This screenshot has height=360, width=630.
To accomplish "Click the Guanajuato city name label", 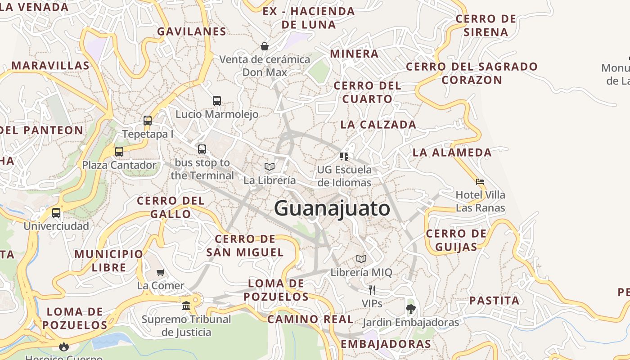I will coord(332,209).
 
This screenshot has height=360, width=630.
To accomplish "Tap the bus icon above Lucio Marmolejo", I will coord(217,101).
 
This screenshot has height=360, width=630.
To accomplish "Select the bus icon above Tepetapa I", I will coord(148,121).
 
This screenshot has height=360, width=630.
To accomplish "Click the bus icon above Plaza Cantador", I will coord(119,152).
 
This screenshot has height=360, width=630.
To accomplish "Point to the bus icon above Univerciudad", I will coord(56,213).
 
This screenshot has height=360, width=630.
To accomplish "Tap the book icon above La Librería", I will coord(270,167).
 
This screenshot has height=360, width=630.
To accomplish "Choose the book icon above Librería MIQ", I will coord(361,259).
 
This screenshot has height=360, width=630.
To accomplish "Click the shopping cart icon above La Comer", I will coord(160,272).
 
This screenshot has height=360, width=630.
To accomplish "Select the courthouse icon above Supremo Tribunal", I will coord(186,306).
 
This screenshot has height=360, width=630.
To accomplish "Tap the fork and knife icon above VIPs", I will coord(372,290).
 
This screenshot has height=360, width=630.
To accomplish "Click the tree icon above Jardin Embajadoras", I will coord(410,309).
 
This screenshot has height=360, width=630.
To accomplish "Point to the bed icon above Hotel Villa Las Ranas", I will coord(480,182).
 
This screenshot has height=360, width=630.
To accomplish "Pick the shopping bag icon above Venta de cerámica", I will coord(265,46).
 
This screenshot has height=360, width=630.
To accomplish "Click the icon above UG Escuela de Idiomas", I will coord(344,156).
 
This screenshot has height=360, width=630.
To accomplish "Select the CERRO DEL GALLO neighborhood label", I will coord(171,207).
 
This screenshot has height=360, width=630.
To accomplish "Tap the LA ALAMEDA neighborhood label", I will coord(452,153).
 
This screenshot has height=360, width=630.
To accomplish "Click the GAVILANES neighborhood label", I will coord(192,31).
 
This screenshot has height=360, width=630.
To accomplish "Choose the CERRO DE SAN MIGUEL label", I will coord(245,246).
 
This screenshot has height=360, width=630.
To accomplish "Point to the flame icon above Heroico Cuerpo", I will coord(64,346).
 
